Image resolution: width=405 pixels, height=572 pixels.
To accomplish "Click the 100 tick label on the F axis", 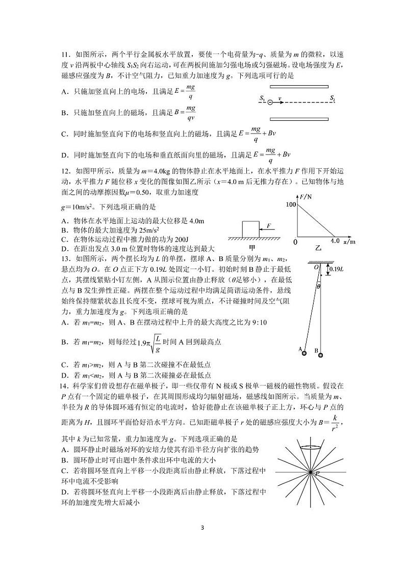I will [x=291, y=205].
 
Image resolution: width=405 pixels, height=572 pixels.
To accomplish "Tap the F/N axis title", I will [x=307, y=196].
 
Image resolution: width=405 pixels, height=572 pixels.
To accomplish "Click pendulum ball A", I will [x=302, y=351].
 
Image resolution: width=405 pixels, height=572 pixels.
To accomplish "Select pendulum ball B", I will [x=320, y=355].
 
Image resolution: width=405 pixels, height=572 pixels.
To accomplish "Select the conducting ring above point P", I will [x=311, y=448].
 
